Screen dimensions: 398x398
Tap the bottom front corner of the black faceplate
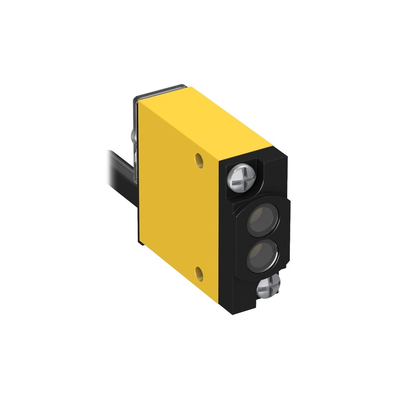point(233,313)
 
